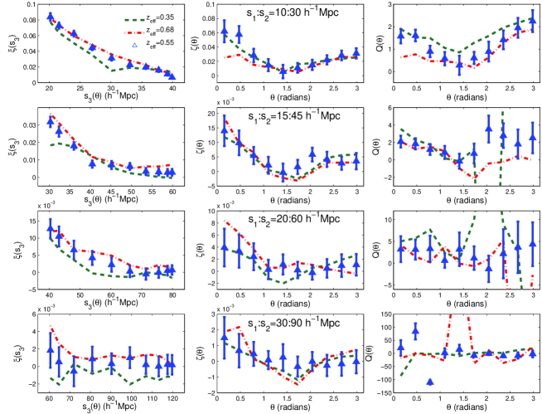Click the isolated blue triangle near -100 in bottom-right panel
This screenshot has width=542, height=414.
pos(430,382)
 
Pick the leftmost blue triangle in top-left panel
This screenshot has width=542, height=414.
pos(51,16)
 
